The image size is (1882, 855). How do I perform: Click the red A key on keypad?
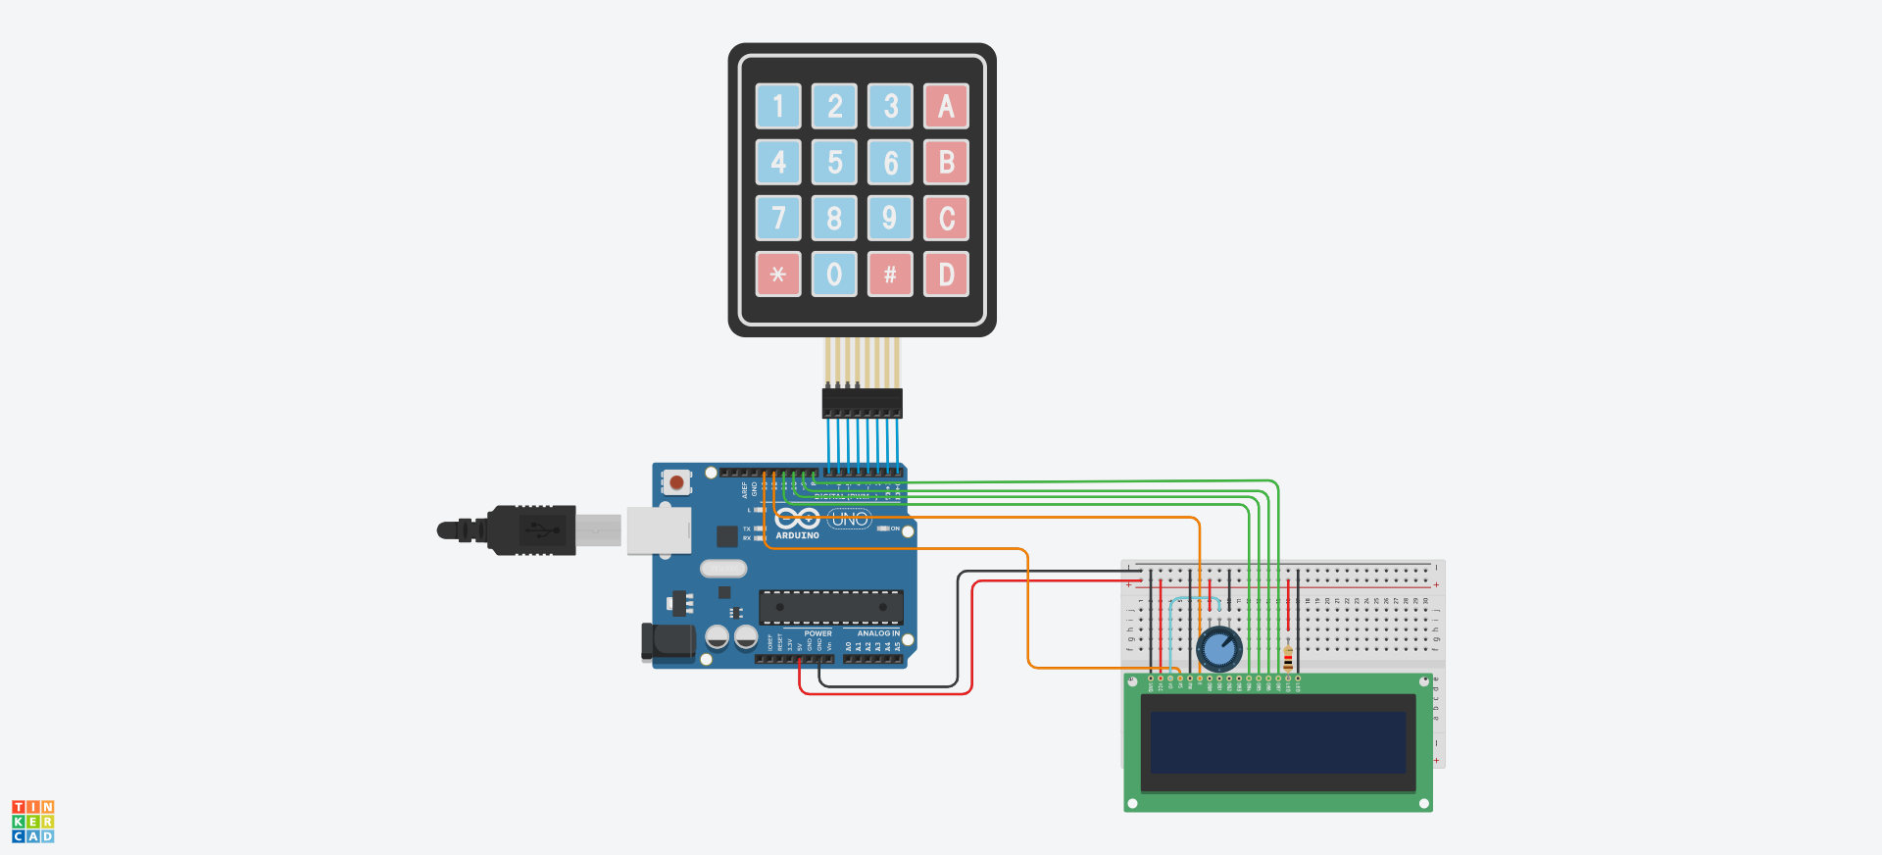coord(946,106)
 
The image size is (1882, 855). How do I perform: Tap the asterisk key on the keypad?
coord(778,275)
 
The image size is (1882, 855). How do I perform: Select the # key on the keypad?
coord(890,275)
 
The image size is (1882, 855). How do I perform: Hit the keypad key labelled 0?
coord(834,275)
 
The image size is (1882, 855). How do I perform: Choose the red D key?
coord(946,275)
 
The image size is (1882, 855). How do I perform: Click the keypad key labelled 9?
coord(890,218)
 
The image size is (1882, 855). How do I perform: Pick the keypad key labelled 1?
coord(778,106)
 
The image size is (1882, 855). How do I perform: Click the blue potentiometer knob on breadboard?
coord(1219,648)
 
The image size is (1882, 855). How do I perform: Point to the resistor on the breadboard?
coord(1288,659)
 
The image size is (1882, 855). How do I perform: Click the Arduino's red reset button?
coord(676,482)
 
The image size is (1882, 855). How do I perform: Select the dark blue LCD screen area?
coord(1278,742)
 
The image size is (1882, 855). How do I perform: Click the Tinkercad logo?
coord(33,822)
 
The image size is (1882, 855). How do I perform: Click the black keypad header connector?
coord(862,402)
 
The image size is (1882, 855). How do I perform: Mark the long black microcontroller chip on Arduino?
coord(830,607)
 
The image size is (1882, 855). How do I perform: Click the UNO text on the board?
coord(849,519)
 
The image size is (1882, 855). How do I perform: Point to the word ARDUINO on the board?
coord(797,535)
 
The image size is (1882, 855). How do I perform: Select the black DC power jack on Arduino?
coord(669,641)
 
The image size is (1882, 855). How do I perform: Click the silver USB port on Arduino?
coord(659,530)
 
